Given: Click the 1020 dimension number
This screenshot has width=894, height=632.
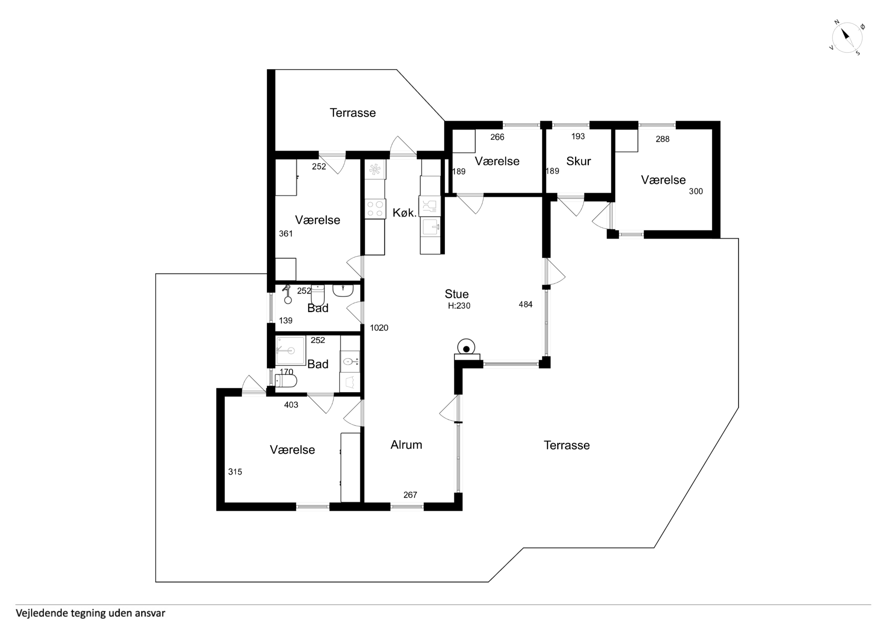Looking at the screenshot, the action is pos(379,328).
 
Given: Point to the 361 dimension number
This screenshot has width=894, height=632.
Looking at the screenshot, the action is pos(286,234).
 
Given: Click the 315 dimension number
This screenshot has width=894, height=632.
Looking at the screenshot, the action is pos(235,472).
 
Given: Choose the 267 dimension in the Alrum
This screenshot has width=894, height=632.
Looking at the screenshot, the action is pos(410,495).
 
